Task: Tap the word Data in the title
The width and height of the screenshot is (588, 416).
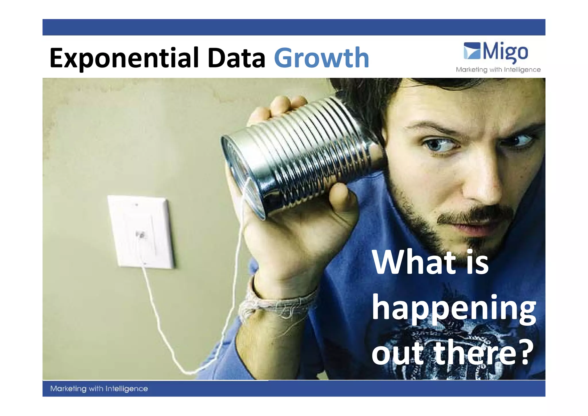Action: click(x=236, y=58)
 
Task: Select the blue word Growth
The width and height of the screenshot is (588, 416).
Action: click(x=322, y=58)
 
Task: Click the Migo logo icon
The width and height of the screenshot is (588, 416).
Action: click(x=472, y=51)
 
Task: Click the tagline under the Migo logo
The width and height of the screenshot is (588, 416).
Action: click(x=498, y=70)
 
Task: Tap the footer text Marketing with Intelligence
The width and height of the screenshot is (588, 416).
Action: click(x=99, y=389)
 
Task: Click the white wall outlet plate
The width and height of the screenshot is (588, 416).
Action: click(x=141, y=231)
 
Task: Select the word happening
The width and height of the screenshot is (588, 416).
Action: click(x=454, y=309)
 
